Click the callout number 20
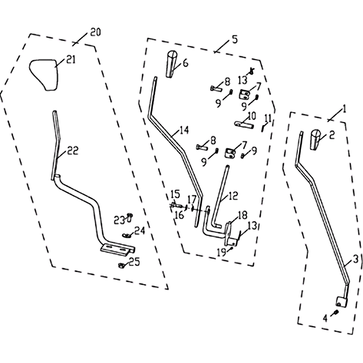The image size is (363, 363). click(96, 32)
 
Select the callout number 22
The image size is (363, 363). click(73, 151)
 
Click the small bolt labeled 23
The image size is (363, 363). click(130, 217)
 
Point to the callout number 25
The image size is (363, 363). click(134, 262)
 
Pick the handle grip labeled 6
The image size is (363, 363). click(172, 64)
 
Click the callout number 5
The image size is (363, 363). click(235, 39)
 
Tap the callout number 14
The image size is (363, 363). click(184, 130)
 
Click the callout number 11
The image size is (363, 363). click(268, 118)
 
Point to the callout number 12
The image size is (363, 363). click(233, 196)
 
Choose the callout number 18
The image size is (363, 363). click(242, 215)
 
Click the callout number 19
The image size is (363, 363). click(221, 253)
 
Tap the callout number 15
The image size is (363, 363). click(175, 194)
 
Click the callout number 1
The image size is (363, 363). click(344, 108)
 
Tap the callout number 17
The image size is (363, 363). click(192, 199)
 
